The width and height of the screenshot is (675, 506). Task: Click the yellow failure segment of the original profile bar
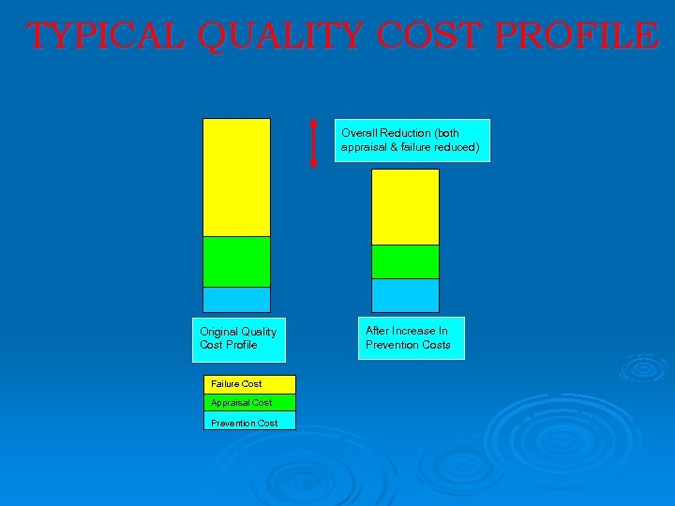[x=236, y=177]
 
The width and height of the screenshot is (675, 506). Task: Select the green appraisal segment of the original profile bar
[x=236, y=261]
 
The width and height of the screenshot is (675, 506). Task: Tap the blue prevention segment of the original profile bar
[x=236, y=299]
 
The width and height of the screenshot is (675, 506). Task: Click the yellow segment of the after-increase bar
[x=405, y=207]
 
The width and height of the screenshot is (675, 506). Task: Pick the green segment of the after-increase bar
[x=405, y=261]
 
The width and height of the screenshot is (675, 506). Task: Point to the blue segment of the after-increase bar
[x=405, y=295]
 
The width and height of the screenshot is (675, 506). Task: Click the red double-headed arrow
[x=314, y=143]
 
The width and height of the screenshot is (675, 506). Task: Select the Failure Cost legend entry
[x=248, y=384]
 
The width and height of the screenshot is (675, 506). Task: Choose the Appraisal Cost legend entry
[x=248, y=403]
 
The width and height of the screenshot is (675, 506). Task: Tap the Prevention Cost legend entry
[x=248, y=422]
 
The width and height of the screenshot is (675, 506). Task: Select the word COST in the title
[x=430, y=36]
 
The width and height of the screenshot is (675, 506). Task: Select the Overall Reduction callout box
[x=412, y=141]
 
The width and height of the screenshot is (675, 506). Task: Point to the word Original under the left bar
[x=218, y=332]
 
